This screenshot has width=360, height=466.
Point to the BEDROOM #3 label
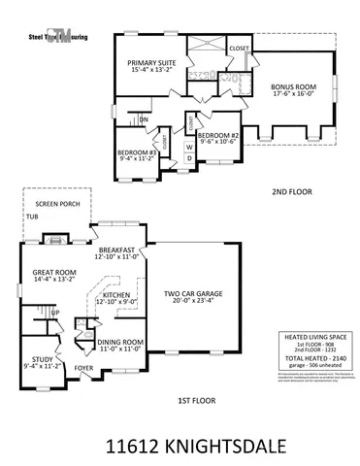click(x=137, y=152)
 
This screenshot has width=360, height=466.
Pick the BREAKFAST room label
click(x=117, y=250)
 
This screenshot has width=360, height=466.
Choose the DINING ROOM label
click(x=121, y=342)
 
